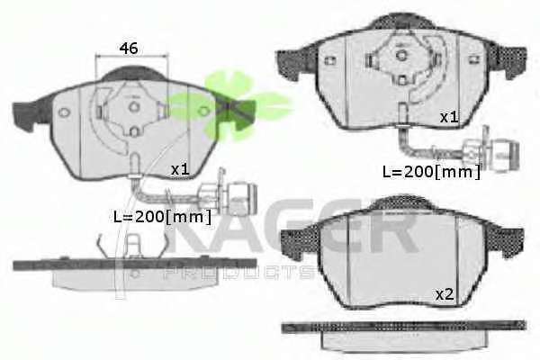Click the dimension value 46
coord(129,49)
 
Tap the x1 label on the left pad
coord(180,169)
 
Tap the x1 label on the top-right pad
coord(449,118)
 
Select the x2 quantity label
coord(445,294)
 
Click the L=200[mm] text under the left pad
coord(162,217)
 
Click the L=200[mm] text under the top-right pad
coord(431,172)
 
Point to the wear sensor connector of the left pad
coord(229,194)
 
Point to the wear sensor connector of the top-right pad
coord(491,150)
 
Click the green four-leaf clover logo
coord(230,105)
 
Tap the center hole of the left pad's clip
coord(134,106)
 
